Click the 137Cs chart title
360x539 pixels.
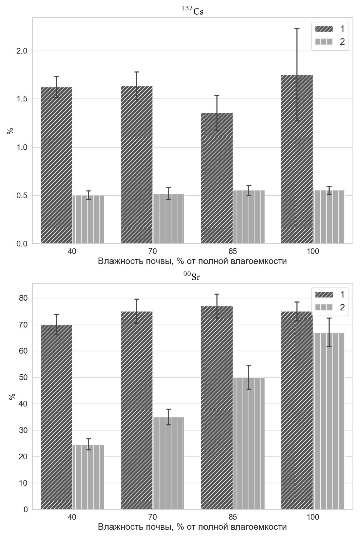coord(192,11)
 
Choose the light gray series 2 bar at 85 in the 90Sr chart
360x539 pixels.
coord(249,443)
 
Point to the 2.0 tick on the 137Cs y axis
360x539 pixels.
coord(22,51)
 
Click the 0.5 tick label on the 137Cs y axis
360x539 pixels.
coord(22,196)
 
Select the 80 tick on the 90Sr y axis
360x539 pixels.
coord(24,298)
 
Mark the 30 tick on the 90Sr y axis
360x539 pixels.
coord(24,430)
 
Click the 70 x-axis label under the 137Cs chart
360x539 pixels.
coord(152,251)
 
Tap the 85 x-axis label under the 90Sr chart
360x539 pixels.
coord(232,517)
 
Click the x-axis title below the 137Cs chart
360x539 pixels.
coord(192,261)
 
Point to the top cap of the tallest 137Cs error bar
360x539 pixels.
coord(297,28)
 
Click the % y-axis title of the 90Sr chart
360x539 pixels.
coord(12,396)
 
